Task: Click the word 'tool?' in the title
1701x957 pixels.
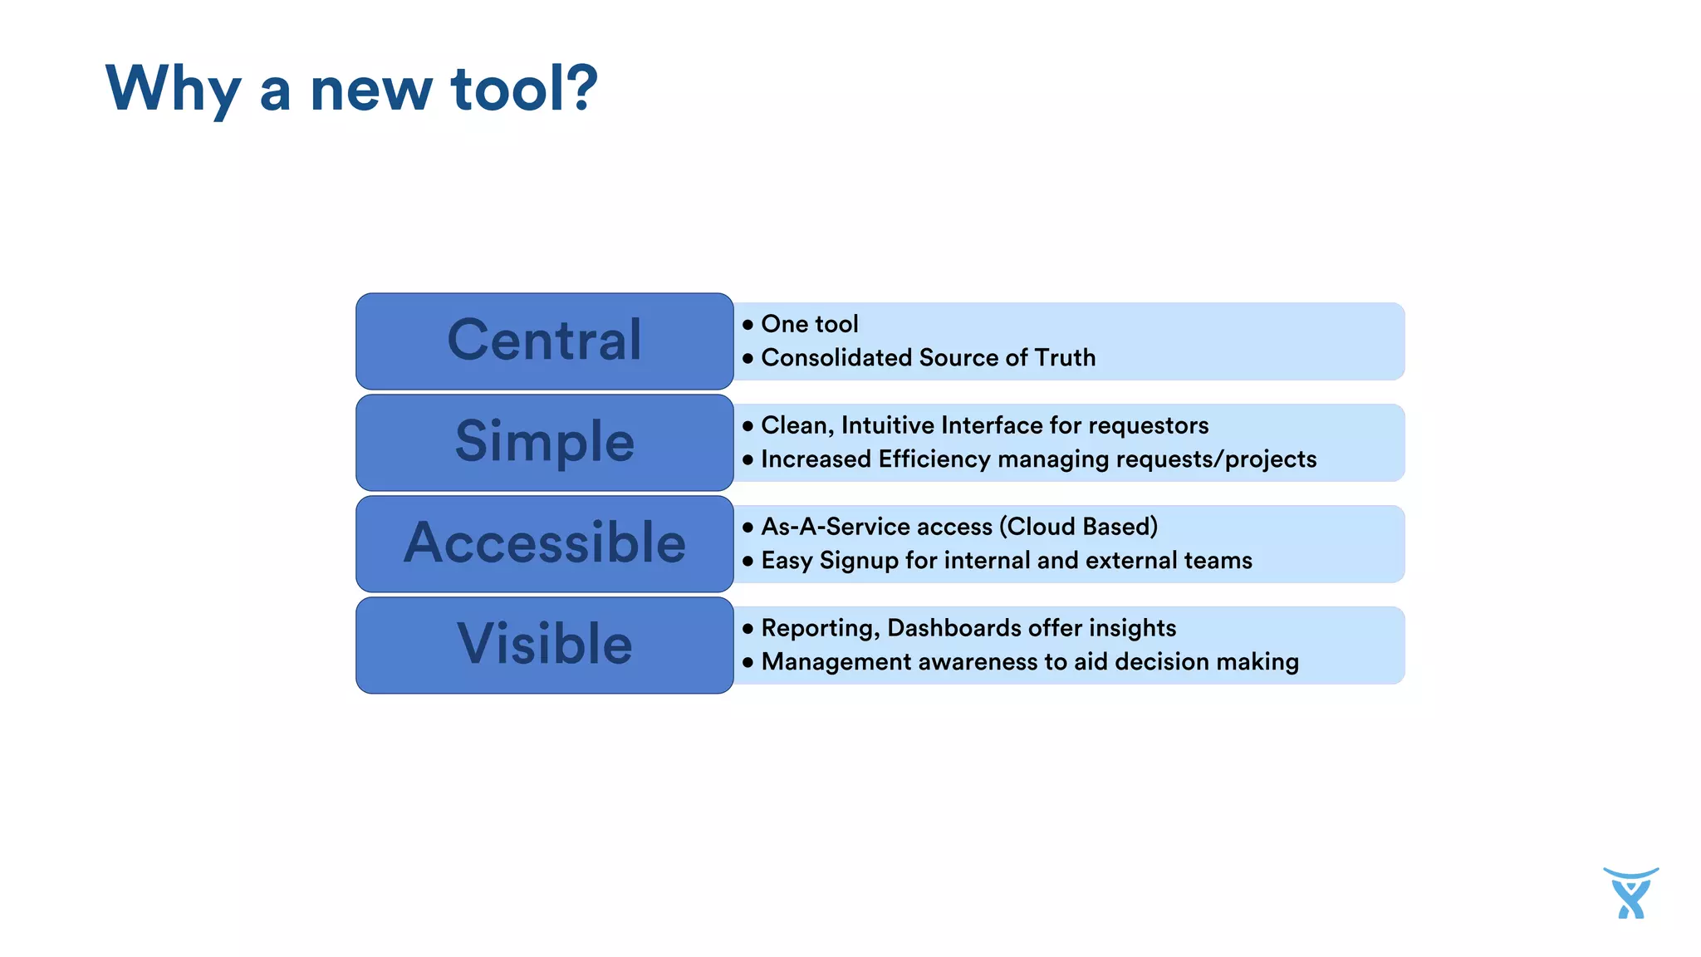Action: (x=523, y=88)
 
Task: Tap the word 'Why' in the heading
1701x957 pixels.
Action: (x=173, y=90)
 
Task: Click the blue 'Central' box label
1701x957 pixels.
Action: (x=544, y=341)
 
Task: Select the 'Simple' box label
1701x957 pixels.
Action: (x=544, y=442)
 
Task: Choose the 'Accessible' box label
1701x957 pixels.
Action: (x=544, y=543)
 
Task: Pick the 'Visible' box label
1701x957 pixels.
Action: (x=544, y=645)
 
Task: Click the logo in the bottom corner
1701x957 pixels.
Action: (x=1630, y=893)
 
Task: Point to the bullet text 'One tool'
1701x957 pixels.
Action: (x=809, y=324)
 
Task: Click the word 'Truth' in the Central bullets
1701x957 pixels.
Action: (x=1065, y=358)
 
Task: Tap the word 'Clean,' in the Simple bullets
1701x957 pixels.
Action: (x=797, y=426)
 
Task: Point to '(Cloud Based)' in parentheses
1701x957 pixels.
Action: (x=1078, y=527)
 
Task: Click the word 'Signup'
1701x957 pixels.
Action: (x=859, y=561)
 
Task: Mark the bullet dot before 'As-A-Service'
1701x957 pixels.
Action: (x=748, y=528)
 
